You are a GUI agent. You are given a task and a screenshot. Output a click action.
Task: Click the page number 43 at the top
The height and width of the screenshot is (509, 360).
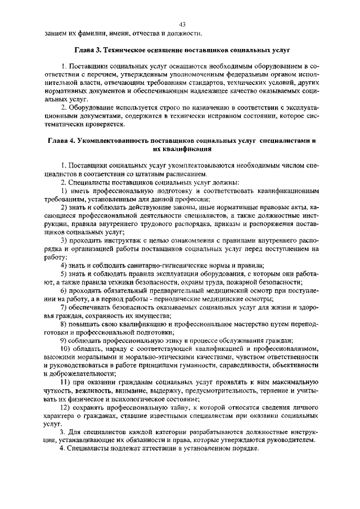tap(182, 24)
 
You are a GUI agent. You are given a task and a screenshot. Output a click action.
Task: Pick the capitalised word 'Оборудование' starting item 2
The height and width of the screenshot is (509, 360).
tap(93, 107)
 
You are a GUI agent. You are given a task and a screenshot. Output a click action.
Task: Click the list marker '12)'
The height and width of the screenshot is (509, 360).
tap(66, 408)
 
